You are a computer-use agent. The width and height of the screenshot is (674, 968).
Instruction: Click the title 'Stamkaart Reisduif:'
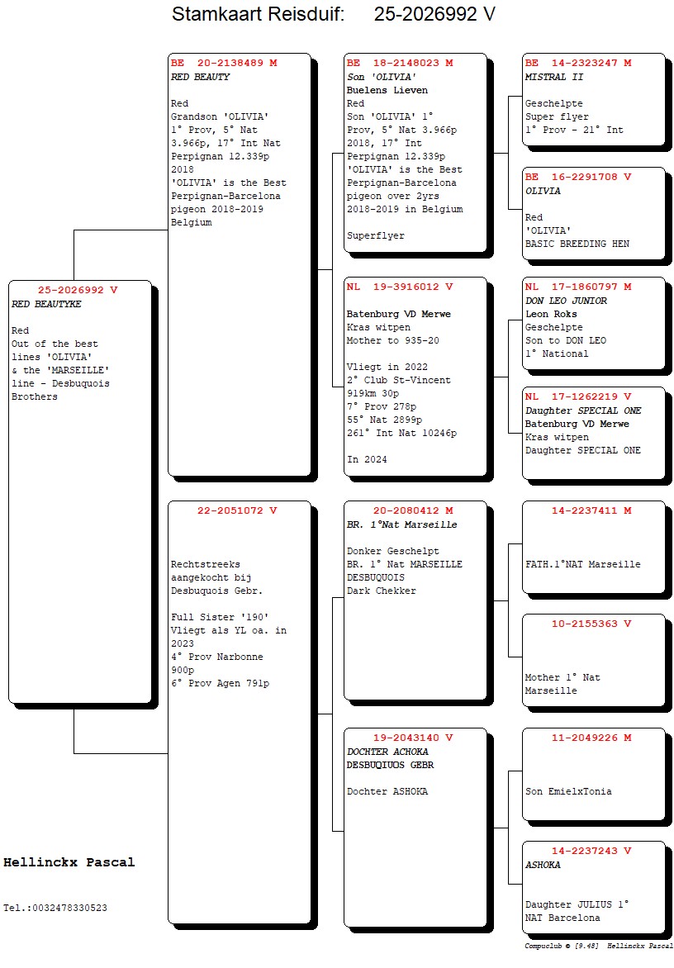pos(258,15)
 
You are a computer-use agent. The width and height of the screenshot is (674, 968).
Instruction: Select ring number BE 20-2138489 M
pos(224,63)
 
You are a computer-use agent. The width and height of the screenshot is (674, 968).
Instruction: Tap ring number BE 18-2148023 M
pos(400,63)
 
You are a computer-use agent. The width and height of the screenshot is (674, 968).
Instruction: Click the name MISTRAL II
pos(554,77)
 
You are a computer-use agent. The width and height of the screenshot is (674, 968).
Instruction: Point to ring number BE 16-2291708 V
pos(578,177)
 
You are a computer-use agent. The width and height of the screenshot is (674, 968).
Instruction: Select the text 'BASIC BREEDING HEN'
pos(577,244)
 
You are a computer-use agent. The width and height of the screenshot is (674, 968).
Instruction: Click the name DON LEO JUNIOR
pos(566,301)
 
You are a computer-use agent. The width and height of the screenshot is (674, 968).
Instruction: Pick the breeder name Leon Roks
pos(551,314)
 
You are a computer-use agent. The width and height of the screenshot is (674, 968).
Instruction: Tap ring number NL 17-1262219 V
pos(578,396)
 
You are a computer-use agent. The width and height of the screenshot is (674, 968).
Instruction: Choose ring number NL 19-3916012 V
pos(400,287)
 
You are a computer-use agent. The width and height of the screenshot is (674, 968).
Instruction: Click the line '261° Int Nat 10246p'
pos(401,433)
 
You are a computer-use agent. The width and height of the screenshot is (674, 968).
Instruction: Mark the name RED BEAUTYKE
pos(46,304)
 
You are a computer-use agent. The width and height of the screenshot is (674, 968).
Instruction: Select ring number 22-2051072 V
pos(237,510)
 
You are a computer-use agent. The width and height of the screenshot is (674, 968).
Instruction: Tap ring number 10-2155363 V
pos(591,624)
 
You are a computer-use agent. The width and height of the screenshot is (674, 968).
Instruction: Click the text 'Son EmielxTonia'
pos(568,791)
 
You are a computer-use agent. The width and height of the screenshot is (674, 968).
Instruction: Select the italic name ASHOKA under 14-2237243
pos(543,865)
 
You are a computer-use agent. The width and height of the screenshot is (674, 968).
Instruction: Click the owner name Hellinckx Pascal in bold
pos(69,862)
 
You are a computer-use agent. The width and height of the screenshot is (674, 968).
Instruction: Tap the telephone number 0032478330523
pos(67,908)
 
